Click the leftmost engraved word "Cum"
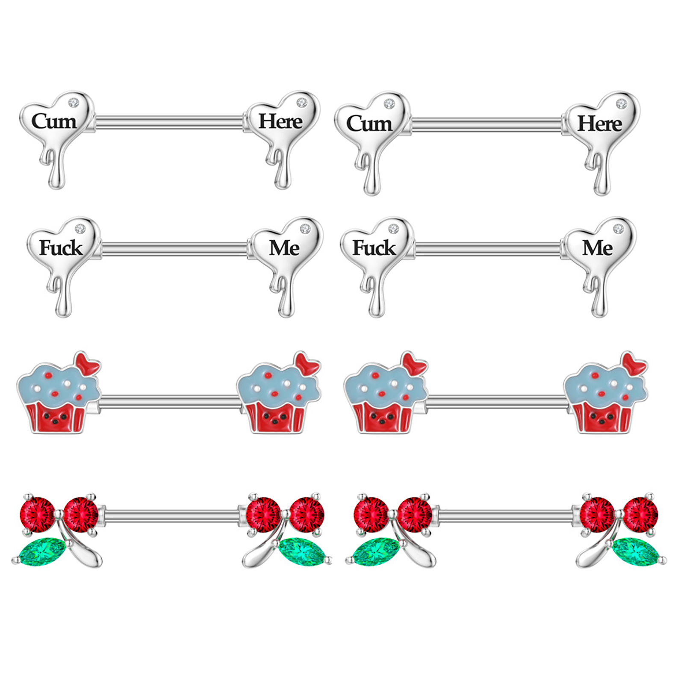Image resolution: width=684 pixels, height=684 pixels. click(54, 121)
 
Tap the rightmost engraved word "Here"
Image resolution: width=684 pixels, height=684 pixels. click(599, 124)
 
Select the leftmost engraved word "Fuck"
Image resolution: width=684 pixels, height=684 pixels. click(61, 248)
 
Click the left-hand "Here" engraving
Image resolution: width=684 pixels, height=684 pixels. click(280, 121)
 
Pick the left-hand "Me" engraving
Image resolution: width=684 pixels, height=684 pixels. click(284, 248)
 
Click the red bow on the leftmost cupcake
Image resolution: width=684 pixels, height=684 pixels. click(87, 364)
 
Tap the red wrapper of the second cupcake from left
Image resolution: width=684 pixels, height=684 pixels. click(276, 417)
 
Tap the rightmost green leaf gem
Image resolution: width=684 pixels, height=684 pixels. click(638, 552)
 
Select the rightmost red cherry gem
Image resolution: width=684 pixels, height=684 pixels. click(640, 514)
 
